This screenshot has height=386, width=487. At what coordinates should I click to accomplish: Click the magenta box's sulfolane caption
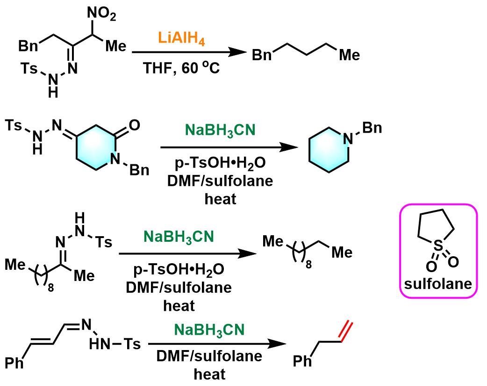[437, 284]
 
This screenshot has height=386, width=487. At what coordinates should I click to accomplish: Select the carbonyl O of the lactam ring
[133, 125]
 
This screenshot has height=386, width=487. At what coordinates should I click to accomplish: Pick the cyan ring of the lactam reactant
[98, 152]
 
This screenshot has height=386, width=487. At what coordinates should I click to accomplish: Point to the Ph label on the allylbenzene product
[303, 362]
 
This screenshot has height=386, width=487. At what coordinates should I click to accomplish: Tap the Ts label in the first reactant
[30, 69]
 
